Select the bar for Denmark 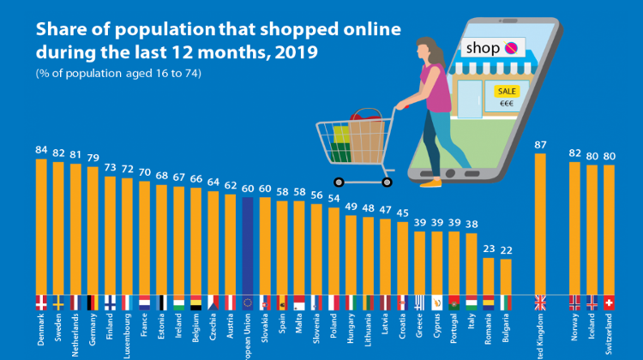tap(41, 227)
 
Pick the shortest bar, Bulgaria tap(506, 276)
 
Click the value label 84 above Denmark tap(41, 150)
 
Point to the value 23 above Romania tap(489, 249)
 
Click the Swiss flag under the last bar tap(610, 302)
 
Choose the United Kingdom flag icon tap(540, 302)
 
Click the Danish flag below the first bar tap(41, 302)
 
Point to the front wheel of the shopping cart tap(339, 181)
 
